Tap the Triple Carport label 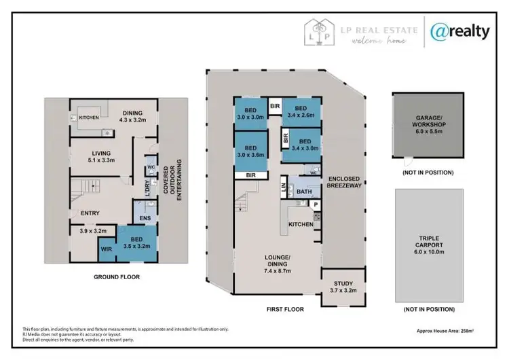coord(429,245)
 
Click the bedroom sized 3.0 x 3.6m coord(251,152)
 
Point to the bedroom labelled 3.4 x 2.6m coord(301,112)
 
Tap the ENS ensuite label coord(145,217)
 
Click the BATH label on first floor coord(304,192)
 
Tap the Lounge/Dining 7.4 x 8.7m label coord(278,262)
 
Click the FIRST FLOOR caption coord(285,309)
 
